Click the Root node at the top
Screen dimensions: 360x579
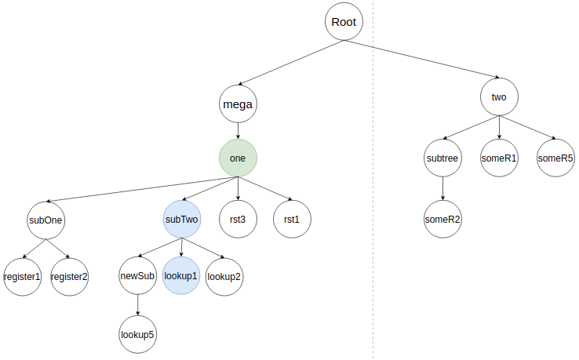tap(344, 22)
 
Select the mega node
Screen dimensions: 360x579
tap(238, 104)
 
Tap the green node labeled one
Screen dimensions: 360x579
tap(238, 158)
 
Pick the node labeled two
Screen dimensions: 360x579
tap(499, 98)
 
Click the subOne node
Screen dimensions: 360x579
tap(46, 220)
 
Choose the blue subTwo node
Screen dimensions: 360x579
tap(182, 220)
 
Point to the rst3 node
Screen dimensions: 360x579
tap(238, 220)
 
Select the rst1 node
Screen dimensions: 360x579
tap(291, 220)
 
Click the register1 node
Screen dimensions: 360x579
tap(22, 276)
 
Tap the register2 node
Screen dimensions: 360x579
tap(70, 276)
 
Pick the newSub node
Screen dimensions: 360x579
tap(138, 276)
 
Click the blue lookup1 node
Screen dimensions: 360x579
tap(181, 276)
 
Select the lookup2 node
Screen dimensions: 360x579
tap(224, 276)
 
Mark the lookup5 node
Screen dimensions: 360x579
tap(138, 334)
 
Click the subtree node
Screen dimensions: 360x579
tap(443, 158)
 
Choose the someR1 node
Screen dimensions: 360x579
tap(499, 158)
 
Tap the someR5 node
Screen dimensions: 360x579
tap(555, 158)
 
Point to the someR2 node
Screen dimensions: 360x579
tap(443, 219)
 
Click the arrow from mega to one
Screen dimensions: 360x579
tap(238, 131)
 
